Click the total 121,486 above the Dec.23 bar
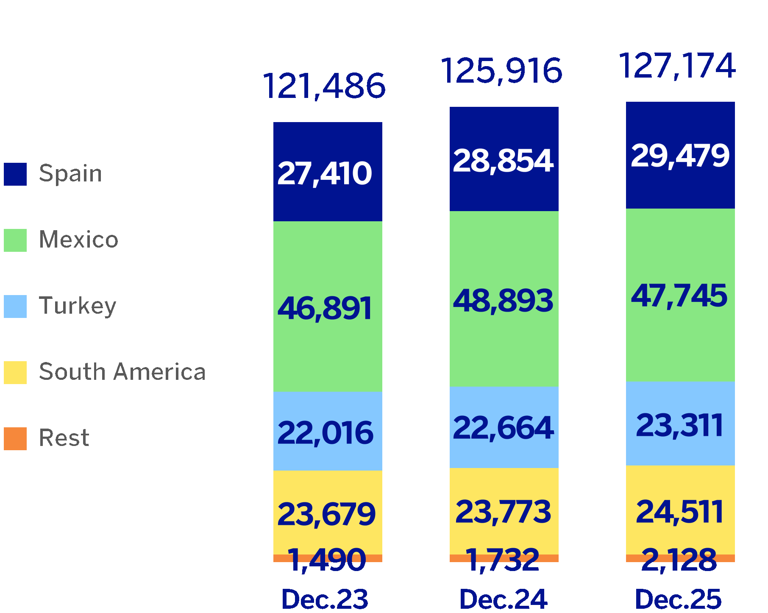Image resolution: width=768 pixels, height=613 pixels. point(324,86)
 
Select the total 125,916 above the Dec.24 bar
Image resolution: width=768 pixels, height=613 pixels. point(502,70)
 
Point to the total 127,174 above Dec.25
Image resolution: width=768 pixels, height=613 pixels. point(677,66)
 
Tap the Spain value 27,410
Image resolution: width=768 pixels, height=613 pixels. point(325,173)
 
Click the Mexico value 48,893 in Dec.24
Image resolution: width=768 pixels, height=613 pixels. point(503,301)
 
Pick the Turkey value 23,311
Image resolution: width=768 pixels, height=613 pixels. point(679,425)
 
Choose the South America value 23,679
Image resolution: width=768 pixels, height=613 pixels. point(326,514)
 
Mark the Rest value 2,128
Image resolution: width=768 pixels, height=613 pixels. point(679,560)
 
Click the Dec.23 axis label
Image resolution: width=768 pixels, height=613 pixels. point(325,599)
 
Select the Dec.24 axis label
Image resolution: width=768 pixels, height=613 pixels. point(503,599)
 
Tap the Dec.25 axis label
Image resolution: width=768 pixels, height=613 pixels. point(678,599)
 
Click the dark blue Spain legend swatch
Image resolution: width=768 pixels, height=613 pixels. point(15,174)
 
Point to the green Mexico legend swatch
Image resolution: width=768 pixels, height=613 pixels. point(15,240)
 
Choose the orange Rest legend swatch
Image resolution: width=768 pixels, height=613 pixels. point(15,439)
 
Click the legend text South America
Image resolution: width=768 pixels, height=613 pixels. point(122,372)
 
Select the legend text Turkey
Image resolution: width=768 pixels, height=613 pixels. point(78,306)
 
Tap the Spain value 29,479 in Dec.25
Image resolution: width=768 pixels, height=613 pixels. point(680,156)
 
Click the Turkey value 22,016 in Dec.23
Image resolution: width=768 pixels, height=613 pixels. point(326,433)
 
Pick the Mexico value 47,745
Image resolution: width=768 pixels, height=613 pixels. point(679,295)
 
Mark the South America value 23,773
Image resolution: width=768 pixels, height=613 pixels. point(503,512)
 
